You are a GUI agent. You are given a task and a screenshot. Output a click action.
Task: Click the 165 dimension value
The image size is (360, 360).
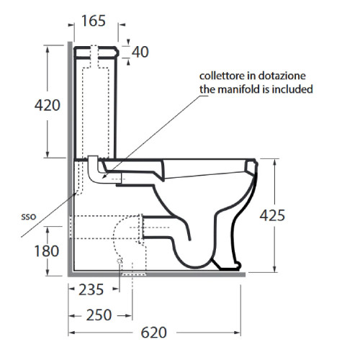tap(94, 21)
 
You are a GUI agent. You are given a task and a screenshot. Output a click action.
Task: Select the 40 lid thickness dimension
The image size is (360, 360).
tap(140, 52)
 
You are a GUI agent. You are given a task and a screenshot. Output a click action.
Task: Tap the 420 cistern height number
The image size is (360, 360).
tap(48, 105)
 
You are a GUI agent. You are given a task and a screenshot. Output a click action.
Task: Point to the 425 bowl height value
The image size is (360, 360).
tap(272, 215)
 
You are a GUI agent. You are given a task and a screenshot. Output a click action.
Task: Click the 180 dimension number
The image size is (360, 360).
tap(47, 251)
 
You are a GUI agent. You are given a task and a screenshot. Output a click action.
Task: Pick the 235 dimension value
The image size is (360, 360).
tap(91, 289)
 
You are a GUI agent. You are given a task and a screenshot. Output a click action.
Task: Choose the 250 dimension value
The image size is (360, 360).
tap(99, 315)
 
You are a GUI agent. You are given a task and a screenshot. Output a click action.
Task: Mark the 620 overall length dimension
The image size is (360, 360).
tap(153, 333)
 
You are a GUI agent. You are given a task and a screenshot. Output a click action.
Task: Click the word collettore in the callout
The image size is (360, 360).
tap(221, 76)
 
